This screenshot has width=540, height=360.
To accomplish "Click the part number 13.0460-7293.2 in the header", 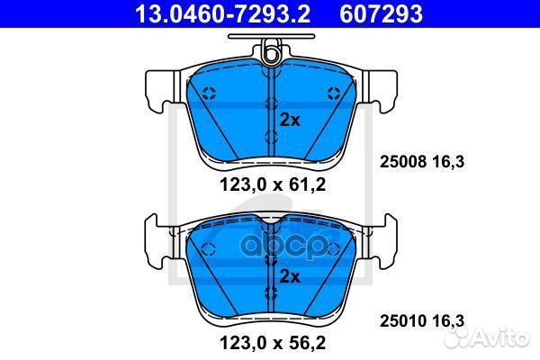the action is coord(223,13).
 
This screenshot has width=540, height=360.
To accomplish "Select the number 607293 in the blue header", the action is coord(381,13).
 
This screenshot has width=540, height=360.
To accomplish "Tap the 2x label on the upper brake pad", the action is coord(290,121).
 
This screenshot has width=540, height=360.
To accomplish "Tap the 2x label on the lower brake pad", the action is coord(290,276).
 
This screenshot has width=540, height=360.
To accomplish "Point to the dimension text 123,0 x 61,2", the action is coord(273,185).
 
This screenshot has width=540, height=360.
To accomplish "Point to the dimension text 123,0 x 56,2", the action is coord(273,343).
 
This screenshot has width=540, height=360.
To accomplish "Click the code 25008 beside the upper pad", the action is coord(403,162).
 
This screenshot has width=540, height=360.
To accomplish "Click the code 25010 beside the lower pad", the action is coord(403,321).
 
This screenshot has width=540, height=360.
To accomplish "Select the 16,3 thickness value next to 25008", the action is coord(447,162).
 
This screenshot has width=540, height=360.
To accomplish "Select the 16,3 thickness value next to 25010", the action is coord(447,321).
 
